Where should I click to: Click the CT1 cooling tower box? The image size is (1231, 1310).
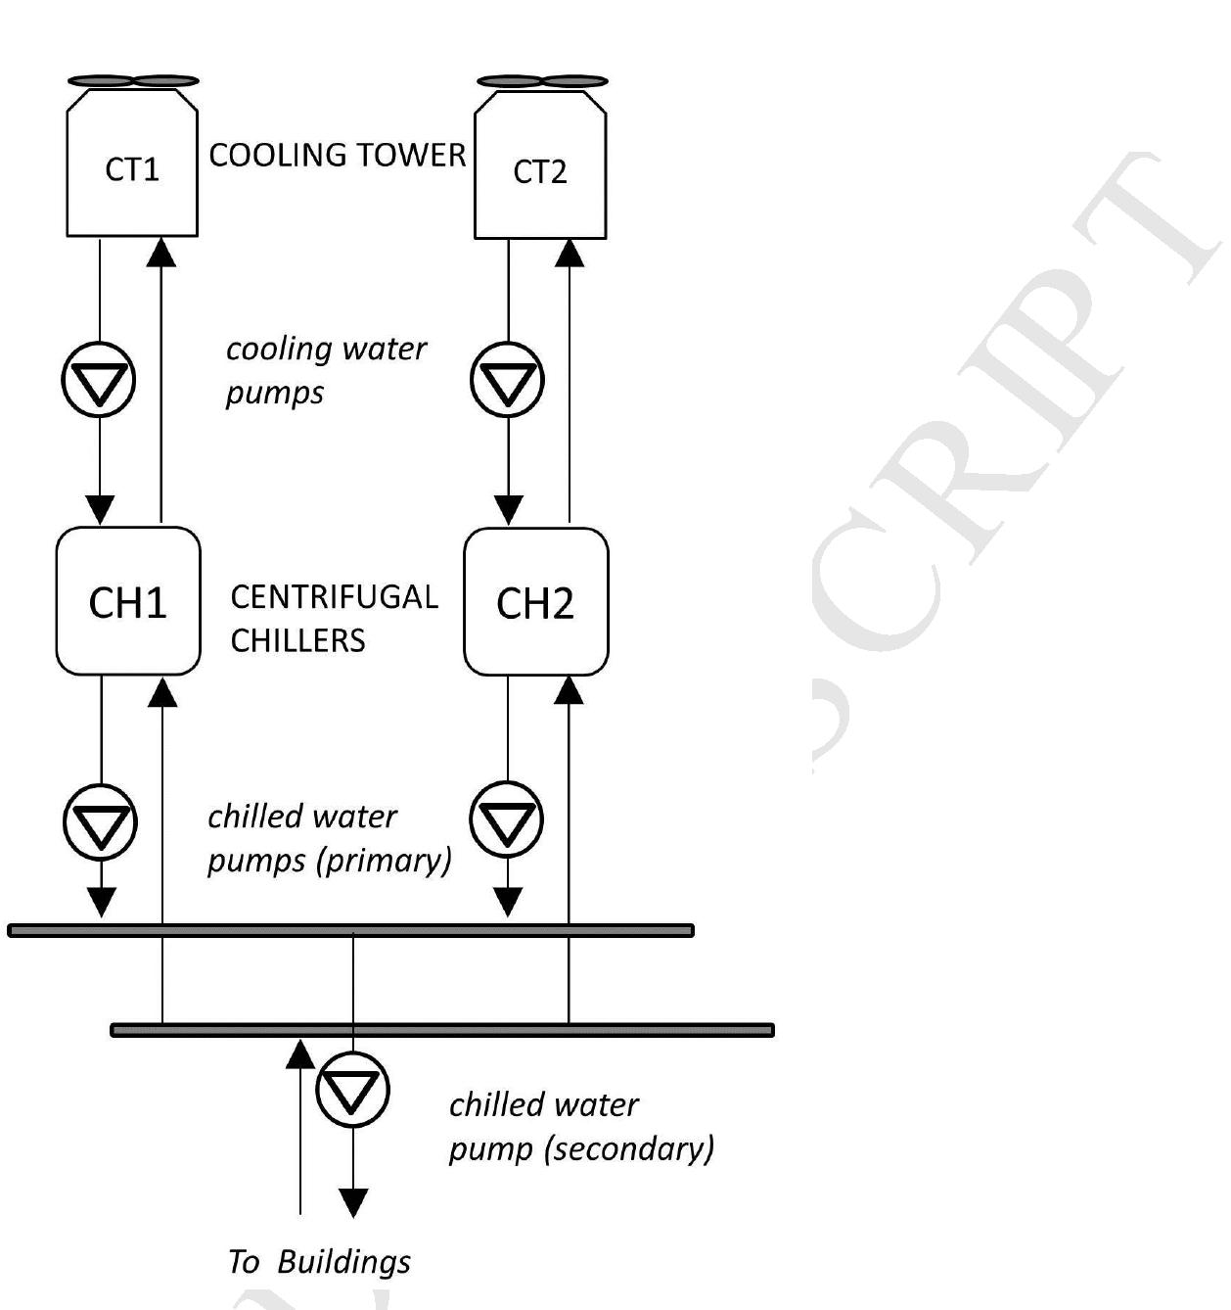(132, 166)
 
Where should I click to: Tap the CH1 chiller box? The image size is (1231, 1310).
(128, 601)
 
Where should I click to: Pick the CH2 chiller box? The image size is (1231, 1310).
(535, 602)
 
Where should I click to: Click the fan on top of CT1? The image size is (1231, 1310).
(133, 81)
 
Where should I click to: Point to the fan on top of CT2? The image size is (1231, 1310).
(541, 81)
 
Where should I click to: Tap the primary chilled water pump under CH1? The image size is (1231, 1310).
(101, 821)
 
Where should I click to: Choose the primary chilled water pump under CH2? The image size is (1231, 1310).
(507, 819)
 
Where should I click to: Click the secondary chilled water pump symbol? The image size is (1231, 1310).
(353, 1089)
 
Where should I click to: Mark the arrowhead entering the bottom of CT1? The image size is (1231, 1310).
(161, 253)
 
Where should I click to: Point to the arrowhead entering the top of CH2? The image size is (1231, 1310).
(508, 509)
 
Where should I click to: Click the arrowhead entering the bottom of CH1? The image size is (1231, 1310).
(161, 692)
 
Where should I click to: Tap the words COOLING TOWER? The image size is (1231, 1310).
(338, 155)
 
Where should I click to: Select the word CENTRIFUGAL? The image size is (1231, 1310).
(334, 596)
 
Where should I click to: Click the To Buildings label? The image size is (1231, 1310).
(320, 1261)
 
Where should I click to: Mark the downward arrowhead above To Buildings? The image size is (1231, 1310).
(353, 1201)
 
